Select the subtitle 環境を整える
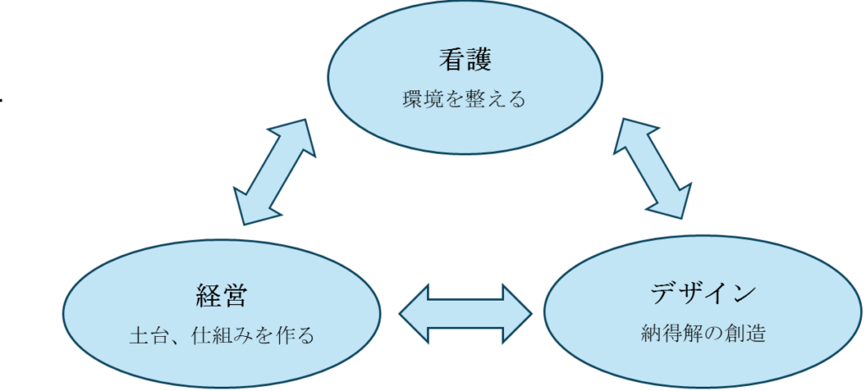[x=464, y=100]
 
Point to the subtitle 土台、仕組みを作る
[x=221, y=336]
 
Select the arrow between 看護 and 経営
[x=274, y=172]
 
